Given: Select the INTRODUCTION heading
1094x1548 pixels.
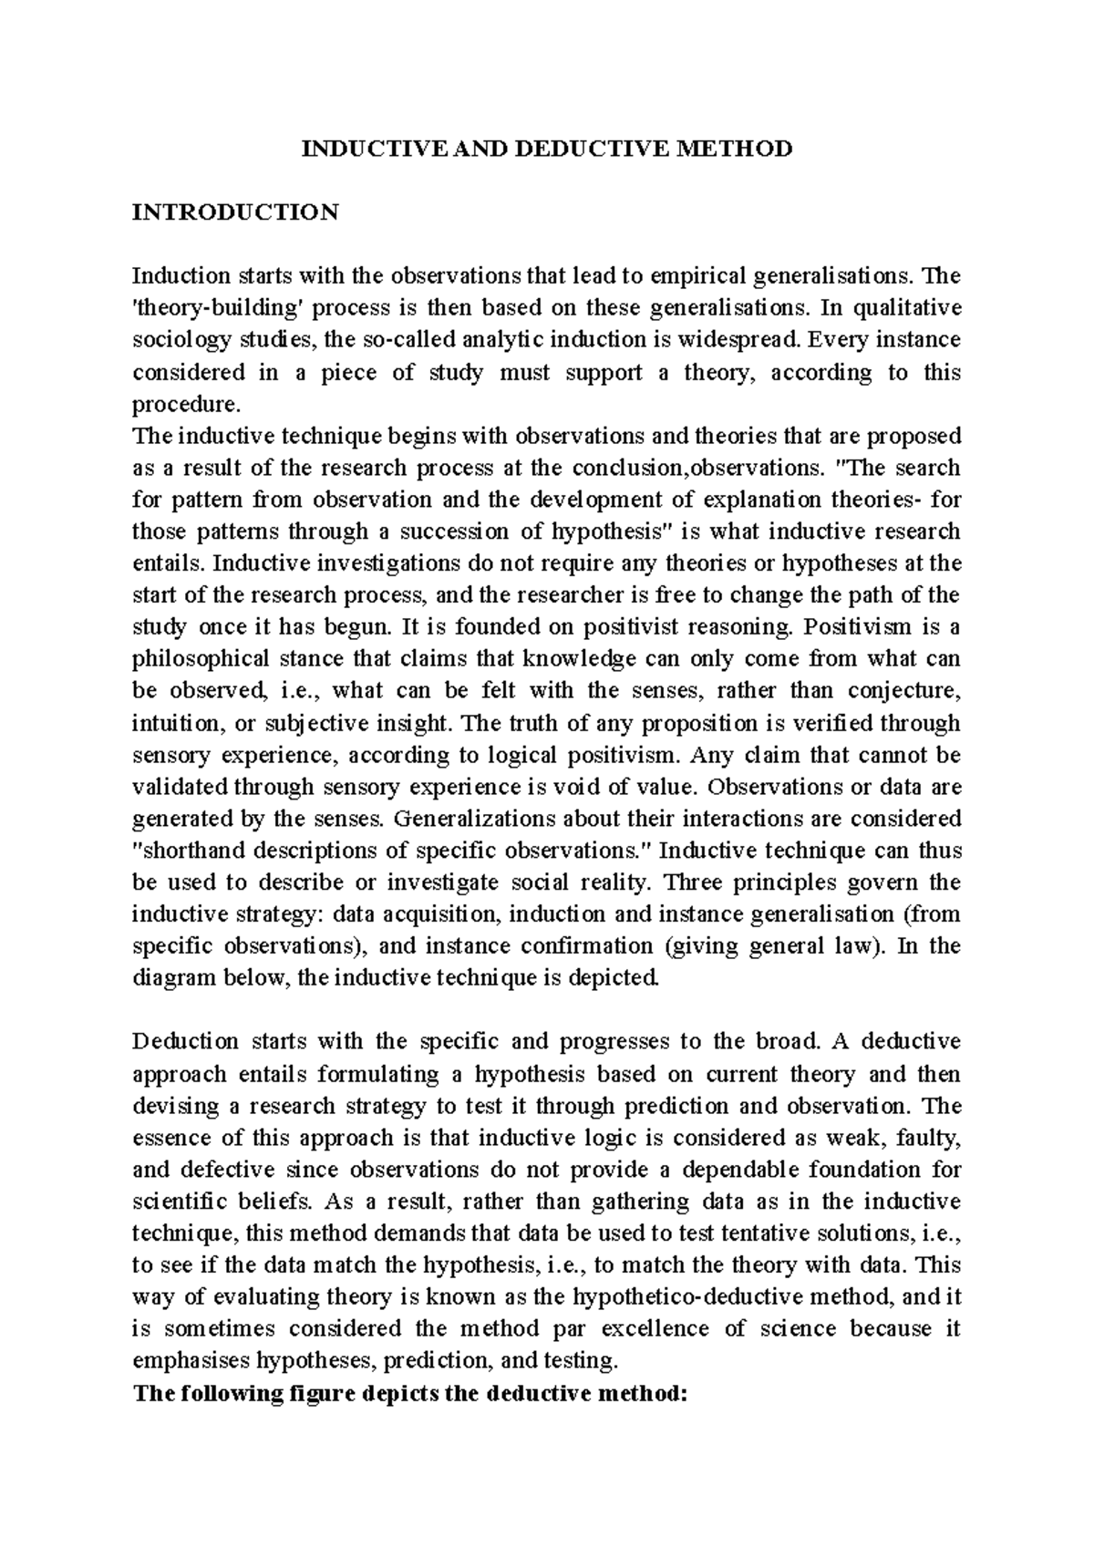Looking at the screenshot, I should [235, 212].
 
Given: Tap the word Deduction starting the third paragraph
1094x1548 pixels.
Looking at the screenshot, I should [185, 1041].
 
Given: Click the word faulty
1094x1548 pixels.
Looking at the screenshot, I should [928, 1138].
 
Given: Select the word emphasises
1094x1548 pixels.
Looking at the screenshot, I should [191, 1360].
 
